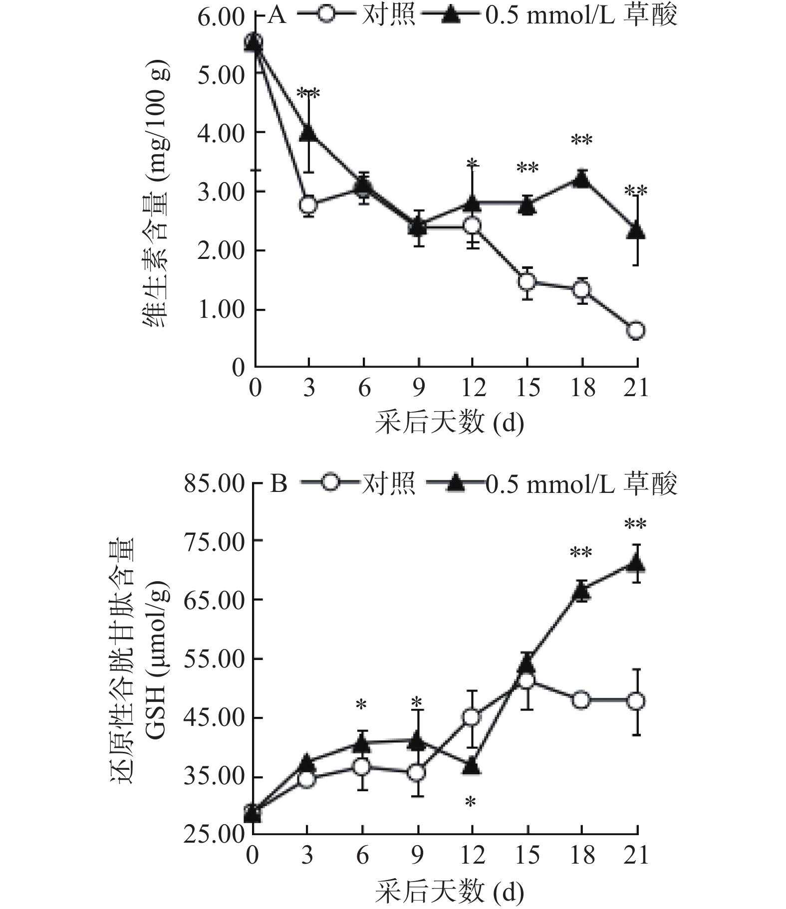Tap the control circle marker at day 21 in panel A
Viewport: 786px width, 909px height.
click(x=636, y=330)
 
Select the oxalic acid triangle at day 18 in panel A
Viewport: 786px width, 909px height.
click(x=581, y=178)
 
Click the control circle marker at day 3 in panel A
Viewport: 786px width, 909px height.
click(x=309, y=205)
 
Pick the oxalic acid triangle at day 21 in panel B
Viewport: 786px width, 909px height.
click(x=636, y=563)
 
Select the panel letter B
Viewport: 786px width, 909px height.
click(x=278, y=483)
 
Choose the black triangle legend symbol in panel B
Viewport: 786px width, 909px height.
click(x=454, y=483)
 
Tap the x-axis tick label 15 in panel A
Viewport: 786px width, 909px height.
click(x=527, y=388)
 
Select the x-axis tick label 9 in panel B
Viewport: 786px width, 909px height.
click(x=417, y=856)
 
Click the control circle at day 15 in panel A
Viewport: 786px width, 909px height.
click(x=527, y=281)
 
